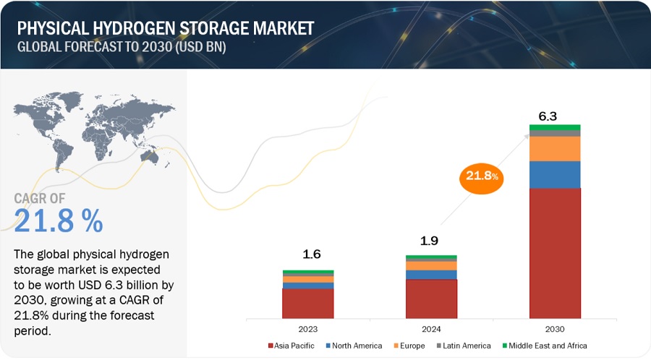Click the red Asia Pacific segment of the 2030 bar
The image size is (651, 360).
click(554, 253)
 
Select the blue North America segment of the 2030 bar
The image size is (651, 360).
click(554, 174)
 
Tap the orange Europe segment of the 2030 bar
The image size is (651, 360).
click(554, 148)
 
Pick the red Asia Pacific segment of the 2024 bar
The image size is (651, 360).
click(431, 299)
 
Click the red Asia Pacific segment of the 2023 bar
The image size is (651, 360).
click(308, 303)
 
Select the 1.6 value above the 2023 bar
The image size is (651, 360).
click(312, 254)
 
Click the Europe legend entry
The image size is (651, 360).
click(412, 346)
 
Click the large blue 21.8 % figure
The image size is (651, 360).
click(59, 221)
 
